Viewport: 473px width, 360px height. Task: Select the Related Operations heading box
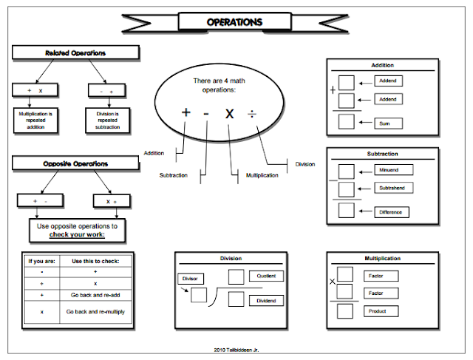click(75, 53)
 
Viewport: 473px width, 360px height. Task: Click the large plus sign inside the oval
click(186, 113)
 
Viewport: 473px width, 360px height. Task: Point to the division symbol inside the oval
click(253, 113)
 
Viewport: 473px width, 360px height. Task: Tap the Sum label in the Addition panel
click(387, 123)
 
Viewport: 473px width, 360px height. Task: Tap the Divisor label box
click(191, 279)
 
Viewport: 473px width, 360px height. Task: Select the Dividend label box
click(265, 300)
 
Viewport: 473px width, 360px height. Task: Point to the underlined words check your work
click(77, 234)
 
